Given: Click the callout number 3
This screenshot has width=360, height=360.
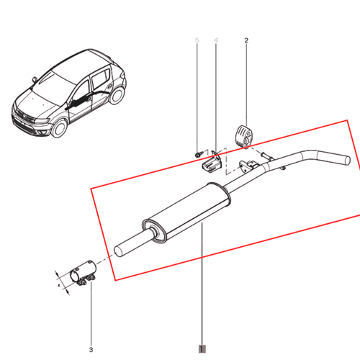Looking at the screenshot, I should coord(91,349).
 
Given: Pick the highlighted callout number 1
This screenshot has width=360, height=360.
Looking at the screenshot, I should coord(202,348).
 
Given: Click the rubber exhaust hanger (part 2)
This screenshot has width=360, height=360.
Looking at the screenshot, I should coord(245,136).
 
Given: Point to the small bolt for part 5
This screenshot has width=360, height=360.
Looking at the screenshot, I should coord(197,153).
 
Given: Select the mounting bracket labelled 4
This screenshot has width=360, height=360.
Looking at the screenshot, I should coord(211,165).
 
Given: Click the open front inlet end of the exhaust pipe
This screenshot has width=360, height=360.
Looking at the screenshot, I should coord(122,251).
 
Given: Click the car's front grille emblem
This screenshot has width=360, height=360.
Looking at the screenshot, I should coord(21,112).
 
